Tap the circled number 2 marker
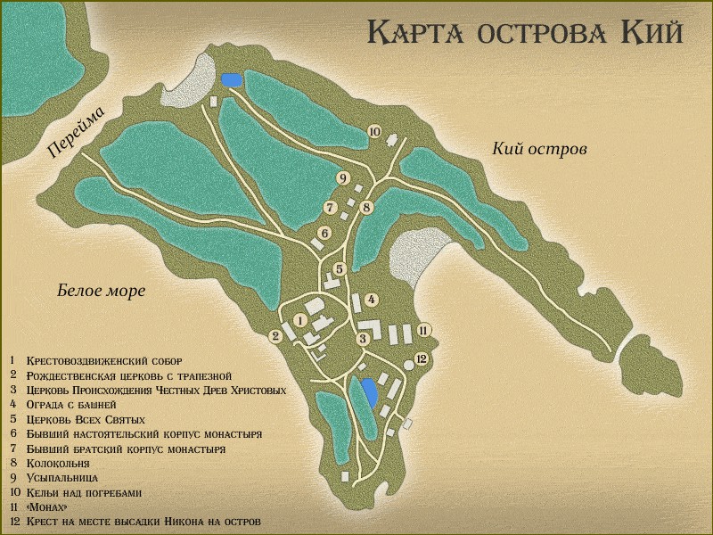pyautogui.click(x=276, y=335)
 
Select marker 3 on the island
pyautogui.click(x=363, y=339)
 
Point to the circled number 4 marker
pyautogui.click(x=371, y=300)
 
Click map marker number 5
pyautogui.click(x=340, y=268)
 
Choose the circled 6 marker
pyautogui.click(x=324, y=234)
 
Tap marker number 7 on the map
pyautogui.click(x=330, y=208)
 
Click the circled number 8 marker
pyautogui.click(x=366, y=207)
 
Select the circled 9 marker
pyautogui.click(x=342, y=178)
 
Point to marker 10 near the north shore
pyautogui.click(x=374, y=132)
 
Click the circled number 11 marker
pyautogui.click(x=424, y=331)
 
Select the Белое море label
pyautogui.click(x=101, y=292)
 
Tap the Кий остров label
pyautogui.click(x=539, y=149)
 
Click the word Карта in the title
pyautogui.click(x=417, y=33)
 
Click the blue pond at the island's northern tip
pyautogui.click(x=232, y=80)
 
